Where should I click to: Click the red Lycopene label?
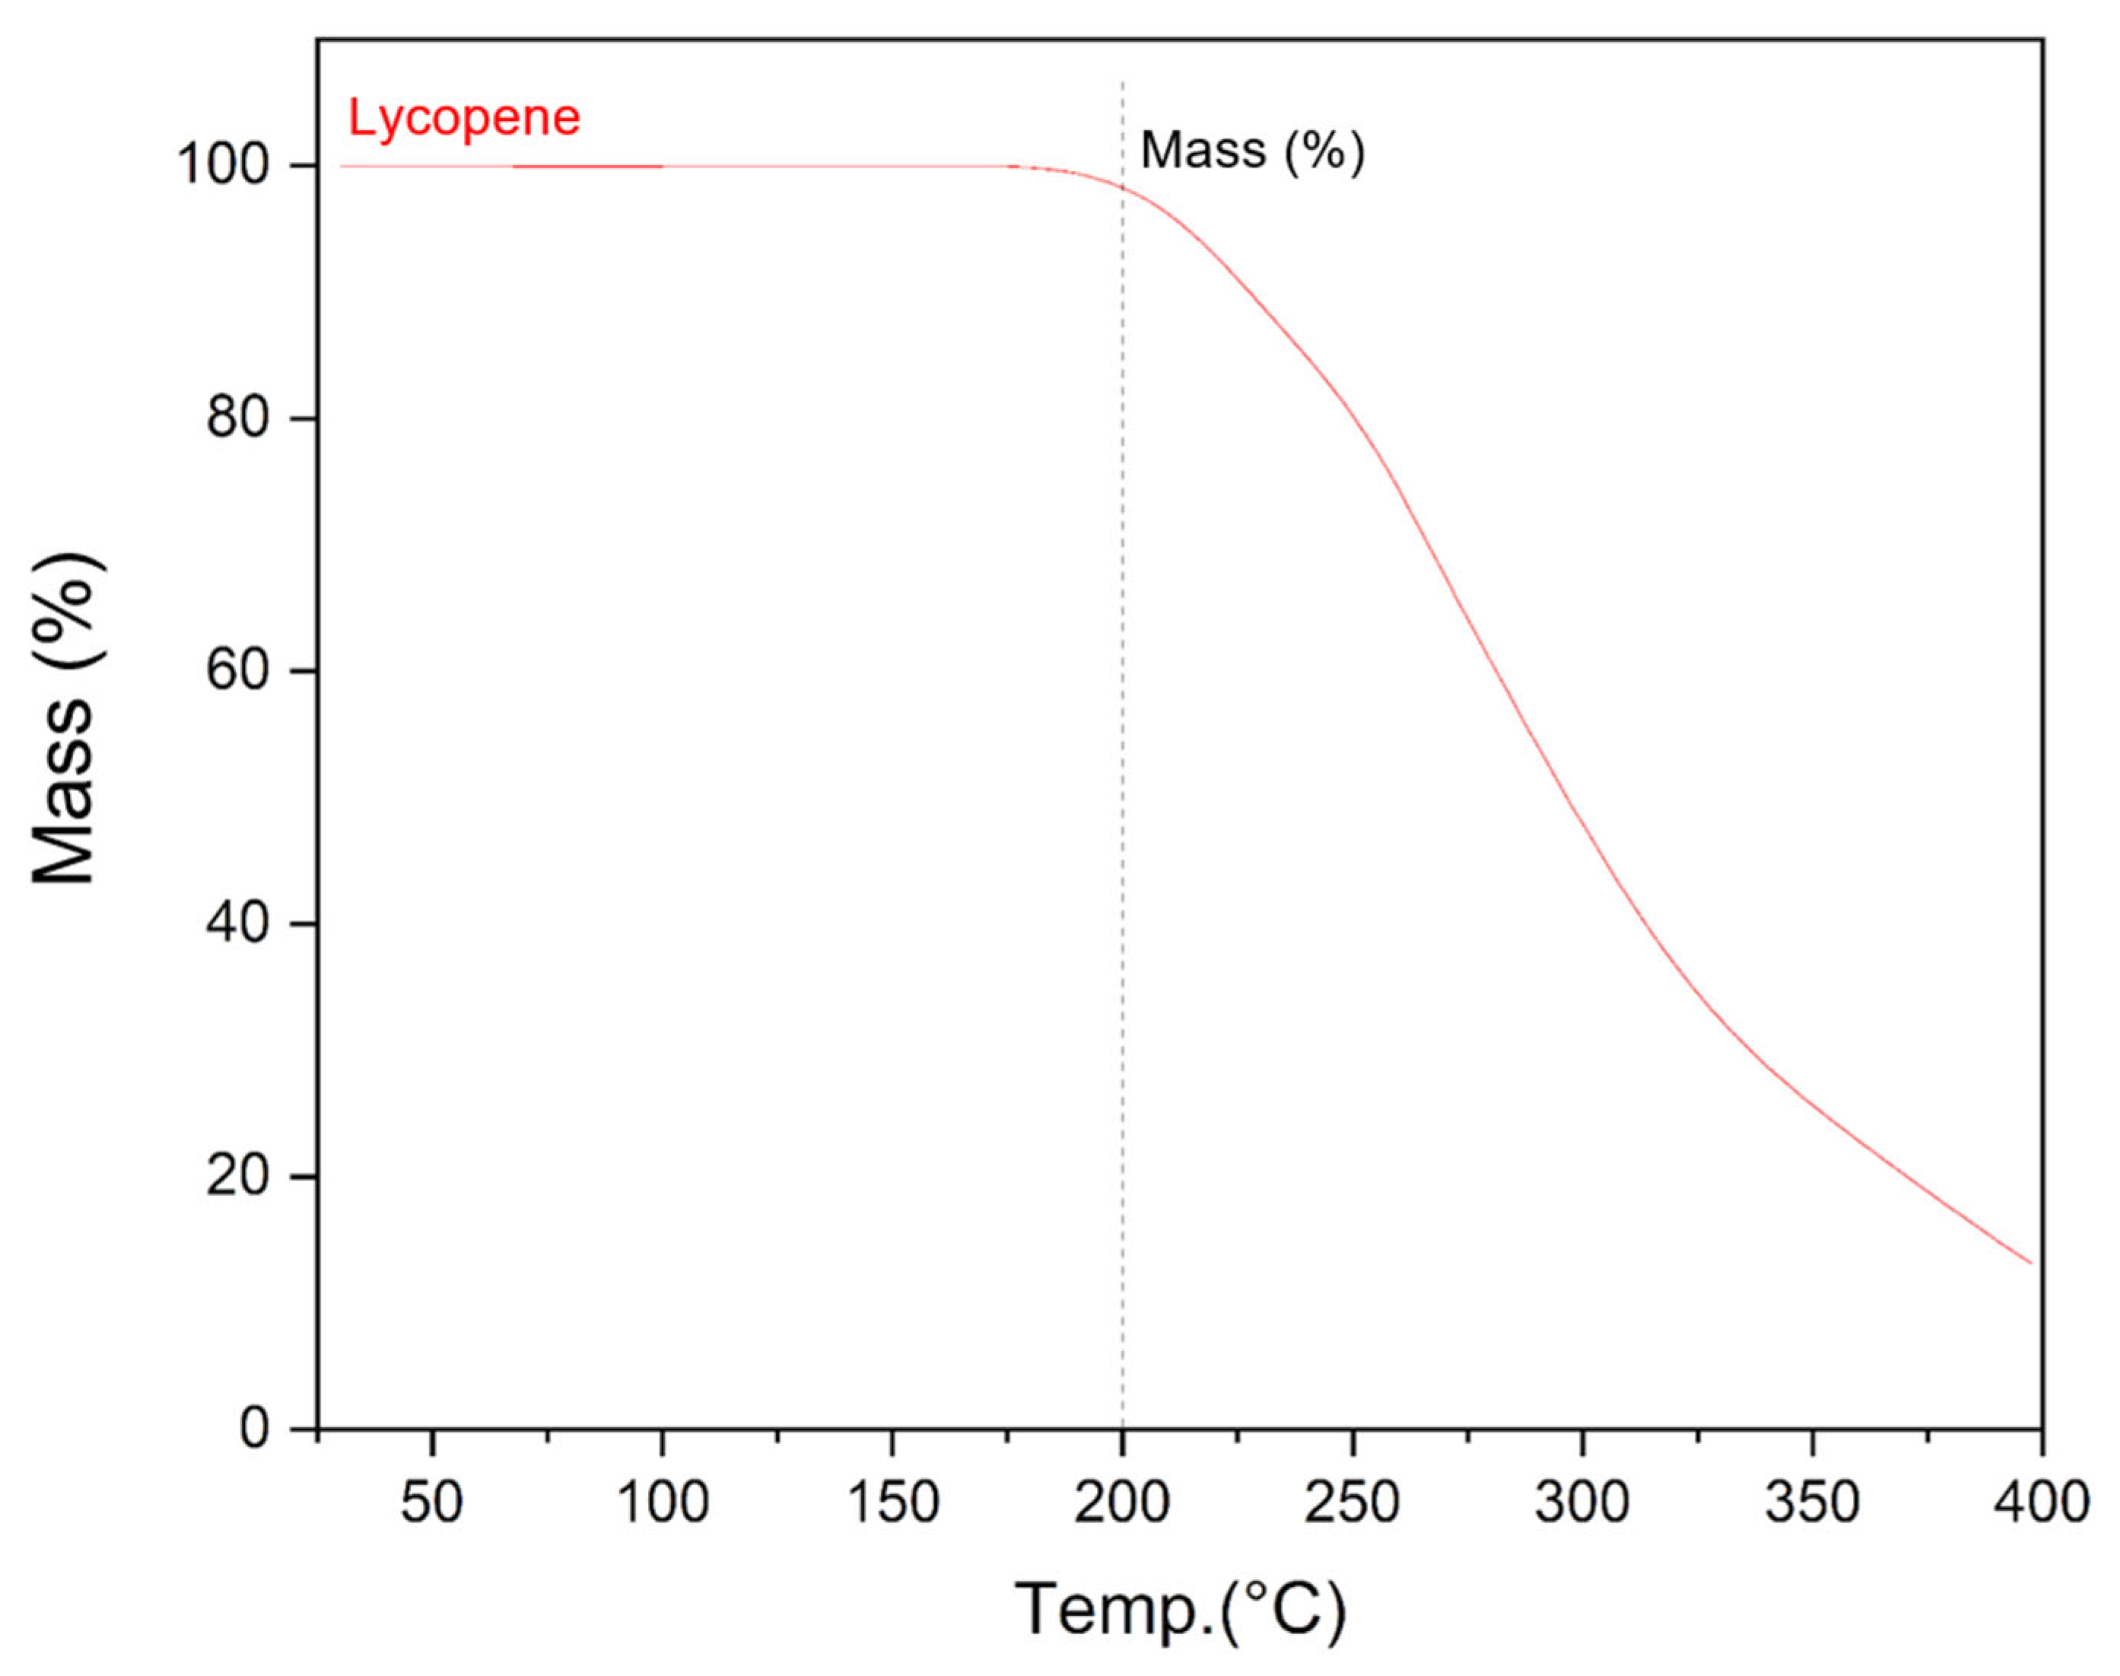click(x=464, y=119)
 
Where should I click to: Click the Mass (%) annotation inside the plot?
click(x=1252, y=151)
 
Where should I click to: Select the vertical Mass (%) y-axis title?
click(x=65, y=719)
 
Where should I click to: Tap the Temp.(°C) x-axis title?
click(x=1180, y=1611)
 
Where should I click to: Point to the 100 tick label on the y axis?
click(x=224, y=166)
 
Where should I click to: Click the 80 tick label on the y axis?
click(x=238, y=419)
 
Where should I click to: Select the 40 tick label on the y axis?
click(x=238, y=924)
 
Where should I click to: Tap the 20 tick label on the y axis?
click(x=238, y=1175)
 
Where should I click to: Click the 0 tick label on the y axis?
click(x=254, y=1429)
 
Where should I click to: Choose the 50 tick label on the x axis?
click(x=431, y=1503)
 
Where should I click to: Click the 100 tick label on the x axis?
click(x=663, y=1503)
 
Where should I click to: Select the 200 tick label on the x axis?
click(x=1122, y=1503)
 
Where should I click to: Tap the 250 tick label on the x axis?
click(x=1352, y=1503)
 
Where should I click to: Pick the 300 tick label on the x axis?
click(x=1582, y=1503)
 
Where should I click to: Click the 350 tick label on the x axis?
click(x=1812, y=1503)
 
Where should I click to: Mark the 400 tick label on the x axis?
click(x=2042, y=1503)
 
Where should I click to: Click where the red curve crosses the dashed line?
click(x=1122, y=187)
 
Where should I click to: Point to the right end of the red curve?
click(x=2029, y=1263)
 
